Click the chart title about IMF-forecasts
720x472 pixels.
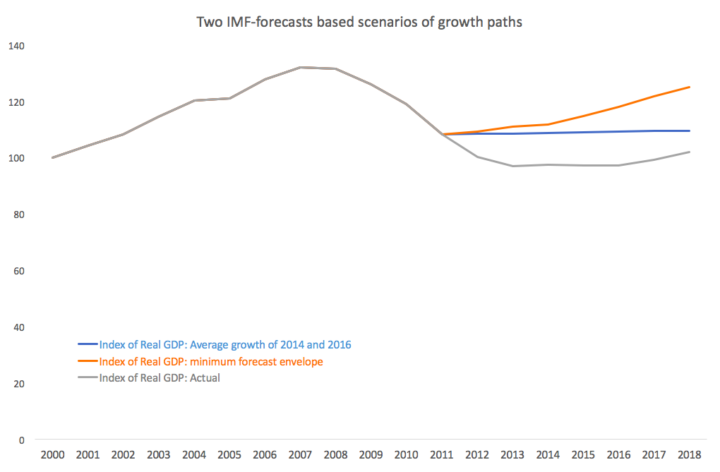(x=359, y=23)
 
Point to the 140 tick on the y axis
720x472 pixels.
(x=16, y=46)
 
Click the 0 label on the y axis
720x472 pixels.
(x=21, y=440)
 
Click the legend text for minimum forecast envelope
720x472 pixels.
(x=211, y=362)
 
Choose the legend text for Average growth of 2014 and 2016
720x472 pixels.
(x=225, y=345)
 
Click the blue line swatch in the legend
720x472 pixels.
(x=88, y=345)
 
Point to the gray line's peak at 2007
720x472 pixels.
(x=301, y=68)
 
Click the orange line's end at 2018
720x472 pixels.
(x=690, y=87)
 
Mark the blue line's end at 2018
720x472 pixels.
(x=690, y=131)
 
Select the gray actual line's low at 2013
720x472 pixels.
(x=513, y=166)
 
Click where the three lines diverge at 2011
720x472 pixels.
(x=443, y=134)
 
